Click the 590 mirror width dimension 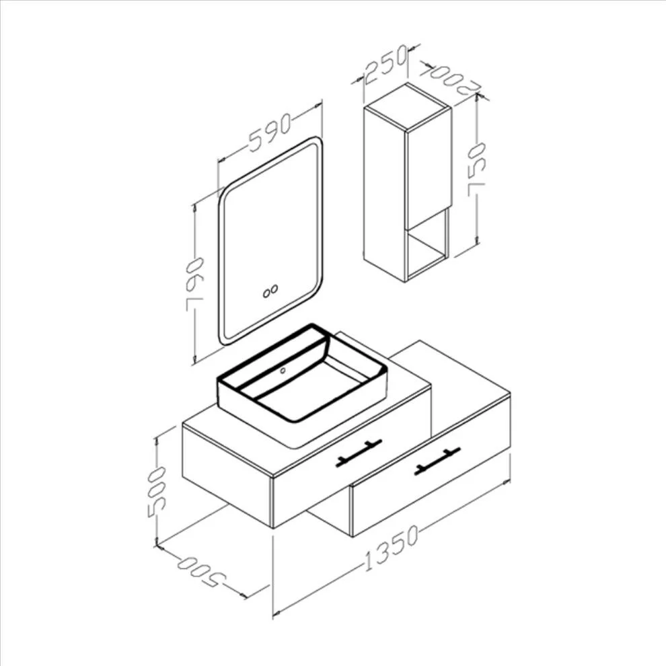pos(270,132)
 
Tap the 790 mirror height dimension pos(194,284)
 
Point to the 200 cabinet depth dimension pos(449,79)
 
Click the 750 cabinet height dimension pos(476,169)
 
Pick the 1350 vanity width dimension pos(391,548)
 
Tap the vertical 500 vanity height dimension pos(156,492)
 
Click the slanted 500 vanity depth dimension pos(201,572)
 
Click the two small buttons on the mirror pos(270,291)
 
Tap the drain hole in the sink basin pos(283,371)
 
